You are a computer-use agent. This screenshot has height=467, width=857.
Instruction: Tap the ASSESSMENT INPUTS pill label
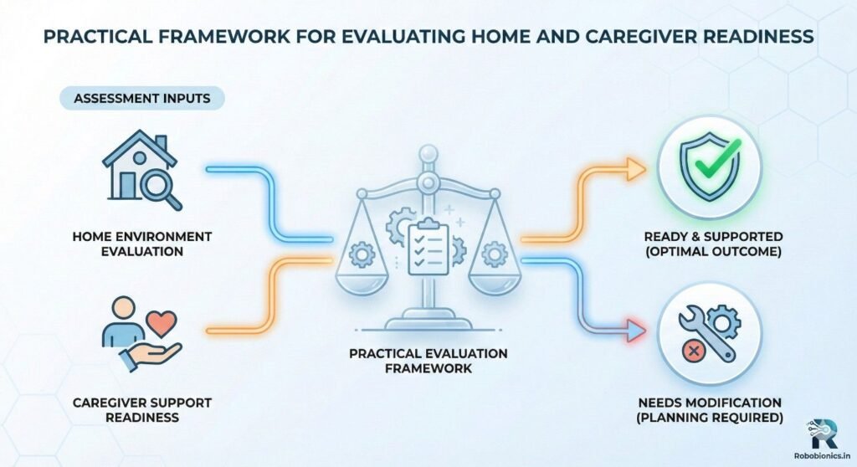141,98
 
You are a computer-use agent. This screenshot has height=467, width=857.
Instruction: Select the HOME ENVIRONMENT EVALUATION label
141,244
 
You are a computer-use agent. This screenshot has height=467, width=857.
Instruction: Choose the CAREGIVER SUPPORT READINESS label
141,409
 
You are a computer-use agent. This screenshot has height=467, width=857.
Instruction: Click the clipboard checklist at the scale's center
428,248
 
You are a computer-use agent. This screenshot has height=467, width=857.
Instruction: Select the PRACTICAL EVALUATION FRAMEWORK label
428,361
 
